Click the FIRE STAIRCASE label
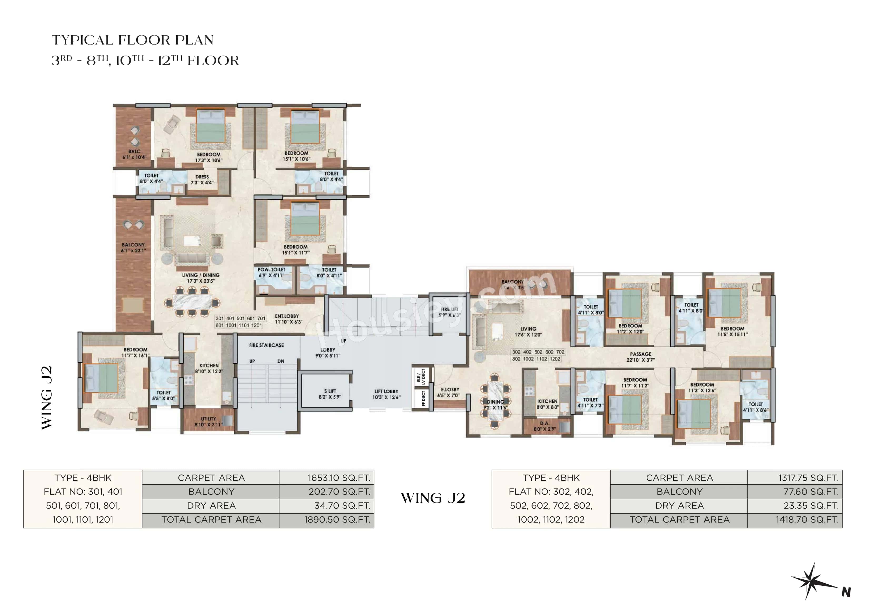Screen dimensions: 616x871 pyautogui.click(x=266, y=345)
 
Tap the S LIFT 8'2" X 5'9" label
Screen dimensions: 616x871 pyautogui.click(x=330, y=393)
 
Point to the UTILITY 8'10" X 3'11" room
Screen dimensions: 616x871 pyautogui.click(x=208, y=421)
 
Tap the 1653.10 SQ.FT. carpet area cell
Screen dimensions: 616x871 pyautogui.click(x=339, y=477)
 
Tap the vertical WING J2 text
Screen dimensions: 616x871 pyautogui.click(x=46, y=397)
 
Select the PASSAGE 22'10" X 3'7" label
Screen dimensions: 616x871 pyautogui.click(x=640, y=357)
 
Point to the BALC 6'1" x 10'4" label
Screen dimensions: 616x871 pyautogui.click(x=134, y=154)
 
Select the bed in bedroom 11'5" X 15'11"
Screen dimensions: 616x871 pyautogui.click(x=724, y=303)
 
